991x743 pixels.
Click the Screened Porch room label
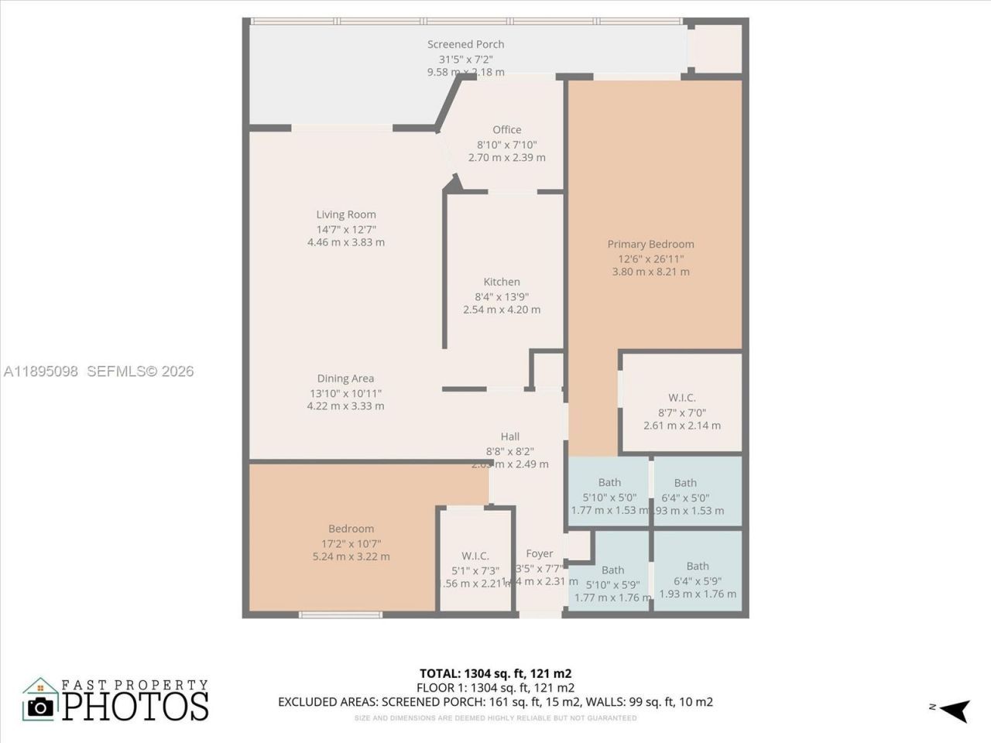tap(465, 45)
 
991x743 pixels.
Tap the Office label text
tap(507, 130)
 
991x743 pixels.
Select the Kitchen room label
tap(502, 282)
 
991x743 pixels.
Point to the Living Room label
tap(346, 215)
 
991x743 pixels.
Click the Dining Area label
tap(345, 378)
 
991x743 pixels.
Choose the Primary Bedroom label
tap(650, 245)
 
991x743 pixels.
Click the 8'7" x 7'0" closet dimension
tap(681, 413)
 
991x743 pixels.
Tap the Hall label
tap(509, 437)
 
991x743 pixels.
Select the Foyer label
tap(540, 553)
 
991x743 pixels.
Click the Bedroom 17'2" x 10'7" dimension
tap(351, 543)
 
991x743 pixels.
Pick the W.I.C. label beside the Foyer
tap(475, 556)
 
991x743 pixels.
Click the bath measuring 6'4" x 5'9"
tap(698, 580)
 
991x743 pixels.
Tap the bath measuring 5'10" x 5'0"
tap(609, 498)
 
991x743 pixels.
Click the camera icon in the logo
tap(40, 706)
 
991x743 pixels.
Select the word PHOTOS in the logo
tap(135, 706)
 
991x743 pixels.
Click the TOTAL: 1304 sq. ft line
tap(495, 673)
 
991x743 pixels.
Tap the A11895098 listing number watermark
tap(40, 371)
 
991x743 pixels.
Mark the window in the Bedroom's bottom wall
tap(341, 615)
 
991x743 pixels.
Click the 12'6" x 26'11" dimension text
tap(650, 259)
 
